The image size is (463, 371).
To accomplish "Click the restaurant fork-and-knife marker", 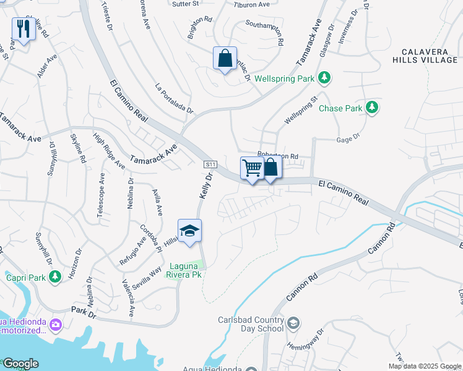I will [x=24, y=28].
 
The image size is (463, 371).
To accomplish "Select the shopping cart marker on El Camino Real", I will [x=251, y=168].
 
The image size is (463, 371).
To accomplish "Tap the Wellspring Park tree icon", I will [x=323, y=79].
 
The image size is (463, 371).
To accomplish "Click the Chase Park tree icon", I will [x=371, y=108].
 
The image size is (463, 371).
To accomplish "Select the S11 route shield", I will [x=210, y=164].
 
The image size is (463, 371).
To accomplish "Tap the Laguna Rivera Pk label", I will [x=184, y=270].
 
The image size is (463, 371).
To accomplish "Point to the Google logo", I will [x=20, y=364].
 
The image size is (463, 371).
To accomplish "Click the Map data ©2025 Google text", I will [x=424, y=366].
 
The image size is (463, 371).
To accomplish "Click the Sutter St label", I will [x=186, y=4].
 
